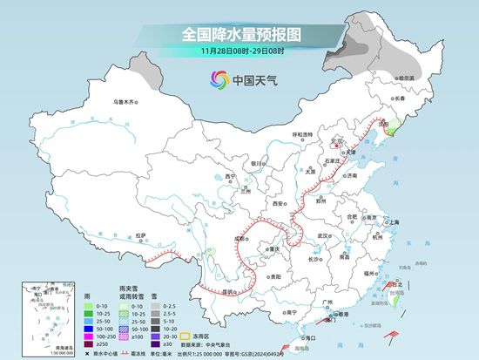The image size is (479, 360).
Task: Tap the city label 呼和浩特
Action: [301, 134]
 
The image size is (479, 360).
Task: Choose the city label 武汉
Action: [325, 235]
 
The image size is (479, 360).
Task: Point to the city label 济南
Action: [351, 175]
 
